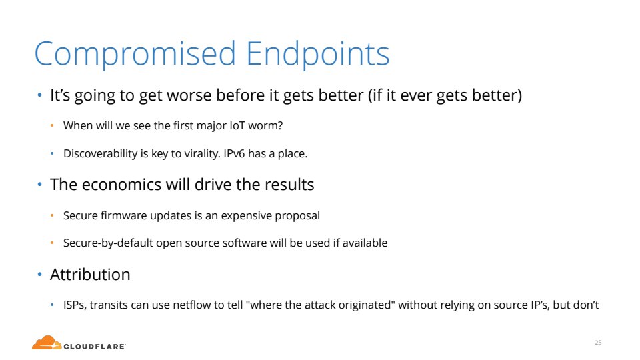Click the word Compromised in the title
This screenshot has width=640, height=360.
135,54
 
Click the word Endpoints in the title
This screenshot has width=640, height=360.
318,53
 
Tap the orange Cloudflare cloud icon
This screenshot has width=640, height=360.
47,343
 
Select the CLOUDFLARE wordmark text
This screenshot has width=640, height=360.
95,347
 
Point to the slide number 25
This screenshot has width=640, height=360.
598,343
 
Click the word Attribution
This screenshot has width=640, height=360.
90,274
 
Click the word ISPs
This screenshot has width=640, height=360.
75,305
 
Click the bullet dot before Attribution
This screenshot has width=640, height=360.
39,274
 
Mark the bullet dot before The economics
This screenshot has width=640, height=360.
39,185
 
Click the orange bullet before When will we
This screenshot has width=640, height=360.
52,125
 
